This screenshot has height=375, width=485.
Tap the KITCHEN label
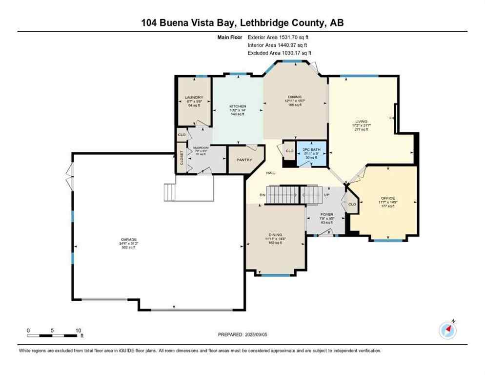click(238, 106)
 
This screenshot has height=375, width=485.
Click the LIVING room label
click(361, 121)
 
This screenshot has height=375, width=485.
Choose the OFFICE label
click(388, 198)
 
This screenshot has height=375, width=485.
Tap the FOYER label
click(326, 214)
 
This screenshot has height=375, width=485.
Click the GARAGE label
click(129, 239)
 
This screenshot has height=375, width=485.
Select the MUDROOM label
click(201, 147)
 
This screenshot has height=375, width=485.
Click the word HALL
click(271, 173)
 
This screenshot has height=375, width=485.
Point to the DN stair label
click(263, 195)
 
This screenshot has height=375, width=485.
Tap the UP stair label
click(326, 195)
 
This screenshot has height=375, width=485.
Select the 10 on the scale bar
click(78, 330)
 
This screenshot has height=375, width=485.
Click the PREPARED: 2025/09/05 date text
click(242, 334)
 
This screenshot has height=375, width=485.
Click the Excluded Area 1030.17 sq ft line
click(279, 53)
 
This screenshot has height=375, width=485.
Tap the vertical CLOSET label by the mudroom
click(182, 158)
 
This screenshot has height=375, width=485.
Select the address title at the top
click(242, 22)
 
